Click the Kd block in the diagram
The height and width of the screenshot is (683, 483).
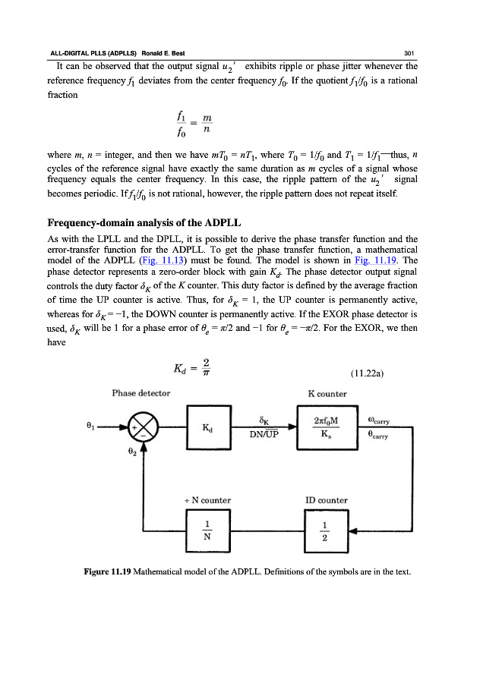click(x=207, y=428)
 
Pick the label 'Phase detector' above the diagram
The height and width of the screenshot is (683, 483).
click(x=141, y=393)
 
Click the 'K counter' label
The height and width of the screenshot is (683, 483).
click(x=327, y=393)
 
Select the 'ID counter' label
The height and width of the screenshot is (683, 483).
click(x=327, y=500)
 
